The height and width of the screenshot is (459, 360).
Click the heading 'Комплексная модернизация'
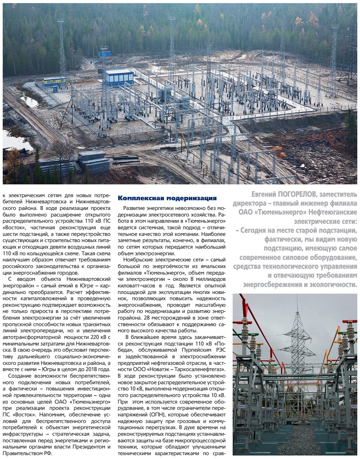point(167,198)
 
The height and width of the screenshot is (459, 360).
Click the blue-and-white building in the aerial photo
point(119,76)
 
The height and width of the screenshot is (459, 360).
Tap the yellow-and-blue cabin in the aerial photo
point(53,81)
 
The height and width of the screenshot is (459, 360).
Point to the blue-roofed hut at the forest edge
point(104,55)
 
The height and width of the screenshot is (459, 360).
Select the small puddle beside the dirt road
point(29,101)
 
